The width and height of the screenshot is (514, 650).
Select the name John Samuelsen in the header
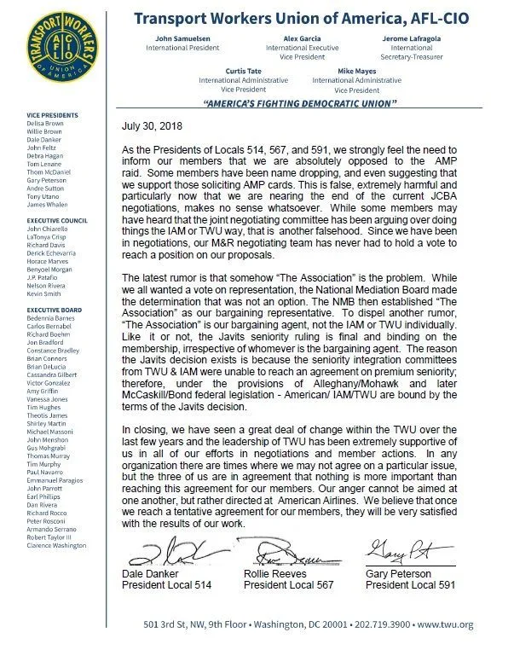coord(188,39)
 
